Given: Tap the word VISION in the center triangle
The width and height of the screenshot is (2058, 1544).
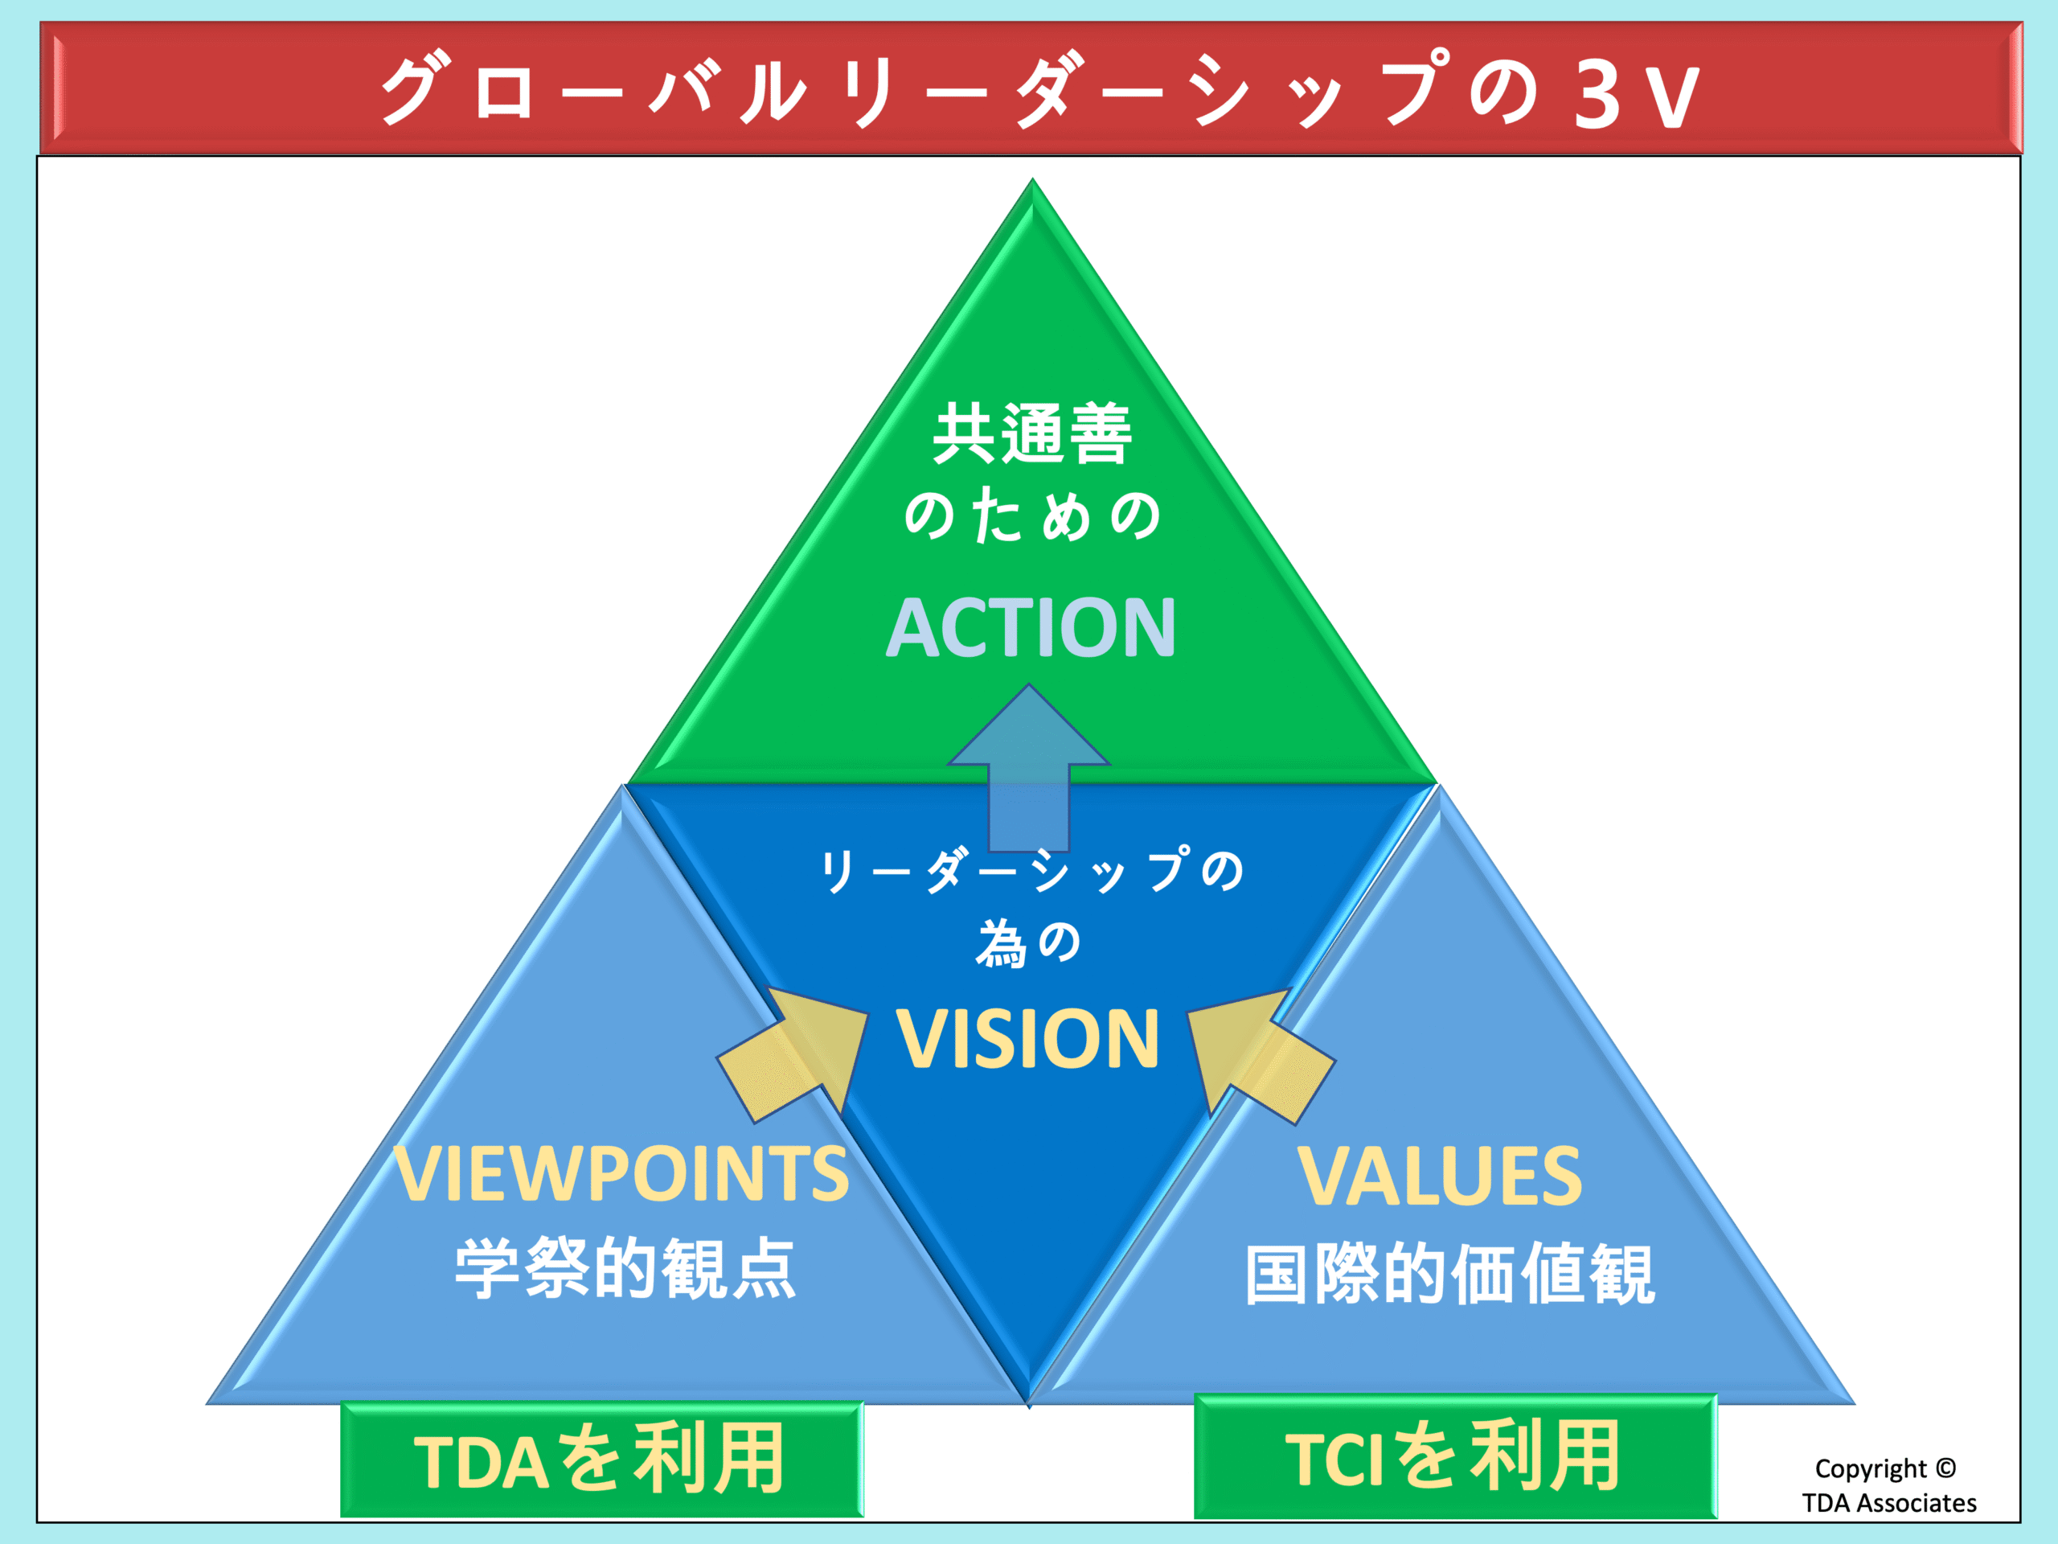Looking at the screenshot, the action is [x=1028, y=1039].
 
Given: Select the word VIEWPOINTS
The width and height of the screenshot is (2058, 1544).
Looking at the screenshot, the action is [x=621, y=1172].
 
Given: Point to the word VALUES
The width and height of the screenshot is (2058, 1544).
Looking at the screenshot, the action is [x=1439, y=1176].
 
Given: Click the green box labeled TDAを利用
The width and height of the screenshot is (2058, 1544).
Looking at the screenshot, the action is [x=602, y=1460].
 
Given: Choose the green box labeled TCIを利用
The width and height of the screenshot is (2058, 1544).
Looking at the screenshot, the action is [x=1455, y=1456].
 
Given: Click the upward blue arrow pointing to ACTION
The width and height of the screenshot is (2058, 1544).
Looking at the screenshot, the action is [x=1028, y=769].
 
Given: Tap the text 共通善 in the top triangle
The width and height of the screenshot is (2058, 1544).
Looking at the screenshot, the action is [x=1031, y=433].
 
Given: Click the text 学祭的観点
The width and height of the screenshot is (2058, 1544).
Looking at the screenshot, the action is [x=625, y=1267].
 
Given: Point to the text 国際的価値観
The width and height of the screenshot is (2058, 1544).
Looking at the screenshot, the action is [x=1449, y=1274].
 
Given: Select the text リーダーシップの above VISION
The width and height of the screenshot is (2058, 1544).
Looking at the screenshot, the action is [x=1031, y=871].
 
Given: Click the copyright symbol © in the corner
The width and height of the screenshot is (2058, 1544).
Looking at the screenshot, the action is [x=1945, y=1468].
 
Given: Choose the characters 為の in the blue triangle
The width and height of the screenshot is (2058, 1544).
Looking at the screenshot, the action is [x=1028, y=942].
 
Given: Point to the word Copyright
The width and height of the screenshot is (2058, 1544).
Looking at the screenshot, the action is [x=1870, y=1469].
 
